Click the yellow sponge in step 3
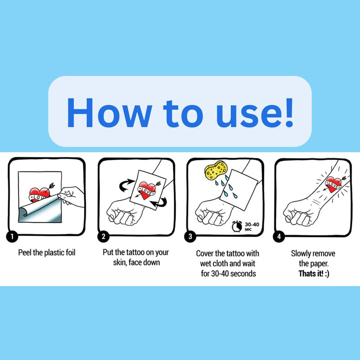[x=216, y=171]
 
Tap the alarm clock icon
[x=237, y=226]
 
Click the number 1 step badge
[x=12, y=237]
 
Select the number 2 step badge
[x=103, y=237]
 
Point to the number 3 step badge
[x=190, y=237]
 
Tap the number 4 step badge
[x=279, y=237]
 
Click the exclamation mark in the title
[x=289, y=112]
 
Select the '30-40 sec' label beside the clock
[x=252, y=226]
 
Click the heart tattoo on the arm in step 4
[x=333, y=184]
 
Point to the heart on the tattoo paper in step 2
[x=147, y=190]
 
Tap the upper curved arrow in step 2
[x=126, y=185]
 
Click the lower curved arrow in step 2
[x=159, y=202]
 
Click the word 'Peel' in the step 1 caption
[x=25, y=252]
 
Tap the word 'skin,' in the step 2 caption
[x=120, y=262]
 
